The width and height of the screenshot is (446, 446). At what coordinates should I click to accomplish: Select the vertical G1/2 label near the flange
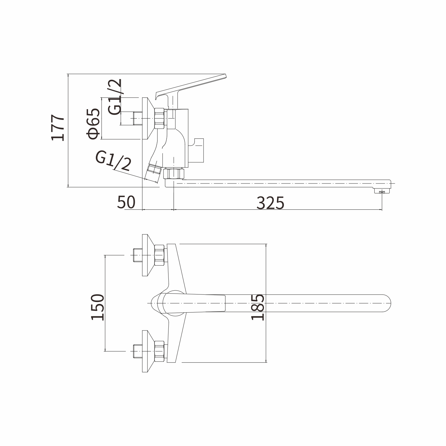click(115, 97)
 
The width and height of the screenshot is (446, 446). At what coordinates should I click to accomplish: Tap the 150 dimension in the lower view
click(97, 307)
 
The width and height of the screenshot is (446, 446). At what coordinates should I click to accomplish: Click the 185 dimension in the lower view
click(258, 307)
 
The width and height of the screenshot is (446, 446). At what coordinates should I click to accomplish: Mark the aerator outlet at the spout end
click(382, 191)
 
